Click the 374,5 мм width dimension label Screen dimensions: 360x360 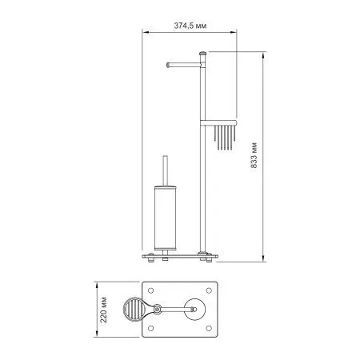pos(190,25)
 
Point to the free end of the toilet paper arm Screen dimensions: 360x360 pos(166,65)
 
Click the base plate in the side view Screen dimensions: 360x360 pos(180,257)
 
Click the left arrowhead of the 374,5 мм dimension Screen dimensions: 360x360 pos(146,33)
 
